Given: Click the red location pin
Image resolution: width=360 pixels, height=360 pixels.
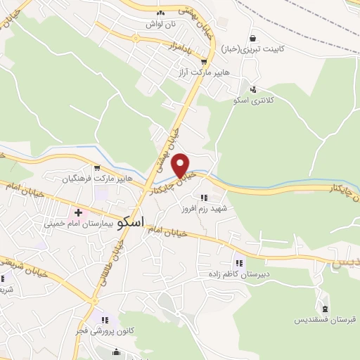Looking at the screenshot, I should click(182, 166).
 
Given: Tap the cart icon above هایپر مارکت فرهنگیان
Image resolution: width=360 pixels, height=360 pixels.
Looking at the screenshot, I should click(97, 168).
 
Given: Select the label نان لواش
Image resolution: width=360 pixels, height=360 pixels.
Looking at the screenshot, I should click(160, 24).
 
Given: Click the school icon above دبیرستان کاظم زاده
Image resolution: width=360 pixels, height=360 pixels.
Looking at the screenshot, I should click(239, 264).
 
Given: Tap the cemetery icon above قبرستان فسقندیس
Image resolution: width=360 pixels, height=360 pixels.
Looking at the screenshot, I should click(324, 307).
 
